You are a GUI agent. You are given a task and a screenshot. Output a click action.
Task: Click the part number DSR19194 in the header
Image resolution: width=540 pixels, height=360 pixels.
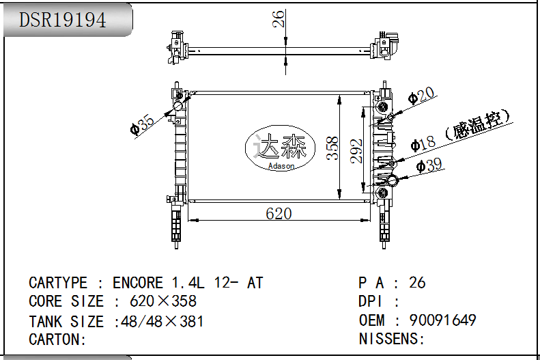(x=63, y=20)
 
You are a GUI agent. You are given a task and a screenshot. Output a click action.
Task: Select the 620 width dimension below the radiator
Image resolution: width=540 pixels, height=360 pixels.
(x=279, y=214)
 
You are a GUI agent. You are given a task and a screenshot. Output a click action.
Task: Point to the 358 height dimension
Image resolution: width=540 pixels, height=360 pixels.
(x=332, y=148)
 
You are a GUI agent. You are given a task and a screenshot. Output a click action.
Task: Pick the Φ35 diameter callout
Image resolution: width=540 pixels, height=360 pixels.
(x=143, y=124)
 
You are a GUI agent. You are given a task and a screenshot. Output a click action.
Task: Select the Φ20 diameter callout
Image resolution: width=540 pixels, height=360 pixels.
(x=421, y=96)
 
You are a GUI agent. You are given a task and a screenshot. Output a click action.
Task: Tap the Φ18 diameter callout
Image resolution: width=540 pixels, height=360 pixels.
(x=423, y=143)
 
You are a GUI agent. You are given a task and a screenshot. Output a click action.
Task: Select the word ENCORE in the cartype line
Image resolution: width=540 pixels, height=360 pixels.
(x=138, y=283)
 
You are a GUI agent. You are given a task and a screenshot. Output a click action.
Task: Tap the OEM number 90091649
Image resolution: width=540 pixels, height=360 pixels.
(x=442, y=320)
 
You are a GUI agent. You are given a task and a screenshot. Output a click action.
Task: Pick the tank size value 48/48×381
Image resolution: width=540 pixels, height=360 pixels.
(x=160, y=321)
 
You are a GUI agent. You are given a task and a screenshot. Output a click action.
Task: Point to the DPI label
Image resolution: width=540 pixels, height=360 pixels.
(x=371, y=301)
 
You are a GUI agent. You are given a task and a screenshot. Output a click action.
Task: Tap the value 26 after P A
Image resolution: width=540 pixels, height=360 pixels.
(x=417, y=283)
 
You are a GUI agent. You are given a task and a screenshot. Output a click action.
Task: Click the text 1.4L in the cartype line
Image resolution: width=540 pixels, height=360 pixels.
(x=186, y=283)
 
